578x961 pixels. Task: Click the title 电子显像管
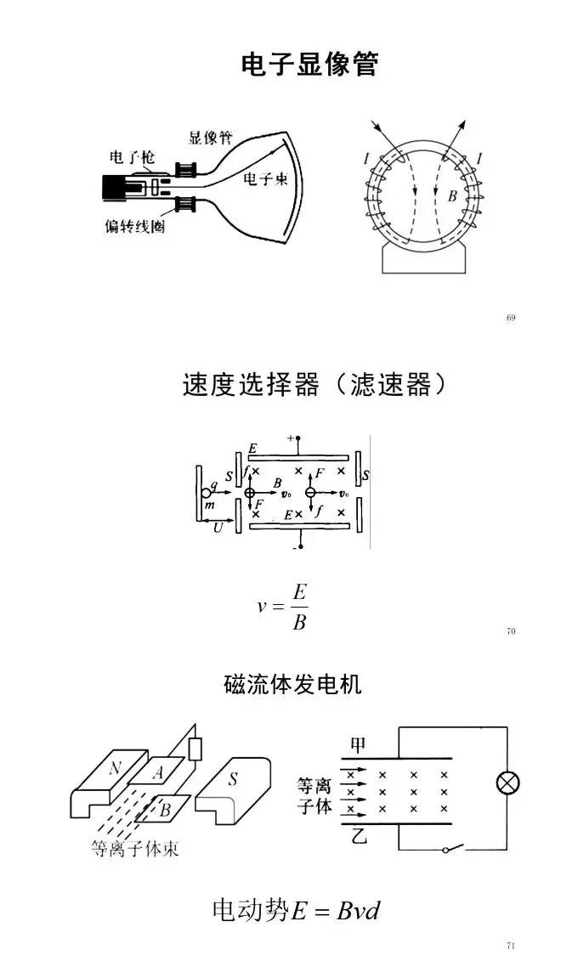point(309,65)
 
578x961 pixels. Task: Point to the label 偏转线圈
point(135,227)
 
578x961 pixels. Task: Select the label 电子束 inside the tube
point(265,179)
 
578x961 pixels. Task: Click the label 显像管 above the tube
point(210,138)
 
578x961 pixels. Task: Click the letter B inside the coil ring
point(452,196)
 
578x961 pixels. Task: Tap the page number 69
point(511,318)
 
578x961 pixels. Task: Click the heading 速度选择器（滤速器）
point(314,385)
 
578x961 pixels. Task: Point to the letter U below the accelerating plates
point(218,528)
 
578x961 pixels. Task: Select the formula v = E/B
point(281,607)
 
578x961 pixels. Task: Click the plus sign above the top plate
point(291,438)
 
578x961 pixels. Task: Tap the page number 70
point(511,631)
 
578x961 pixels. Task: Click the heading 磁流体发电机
point(292,684)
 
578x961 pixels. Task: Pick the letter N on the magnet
point(115,768)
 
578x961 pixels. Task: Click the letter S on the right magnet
point(233,779)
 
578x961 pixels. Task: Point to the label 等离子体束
point(135,848)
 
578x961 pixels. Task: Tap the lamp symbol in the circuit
point(507,783)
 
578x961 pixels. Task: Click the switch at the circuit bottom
point(453,848)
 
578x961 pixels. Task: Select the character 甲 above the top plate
point(358,745)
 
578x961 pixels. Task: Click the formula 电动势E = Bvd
point(296,910)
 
